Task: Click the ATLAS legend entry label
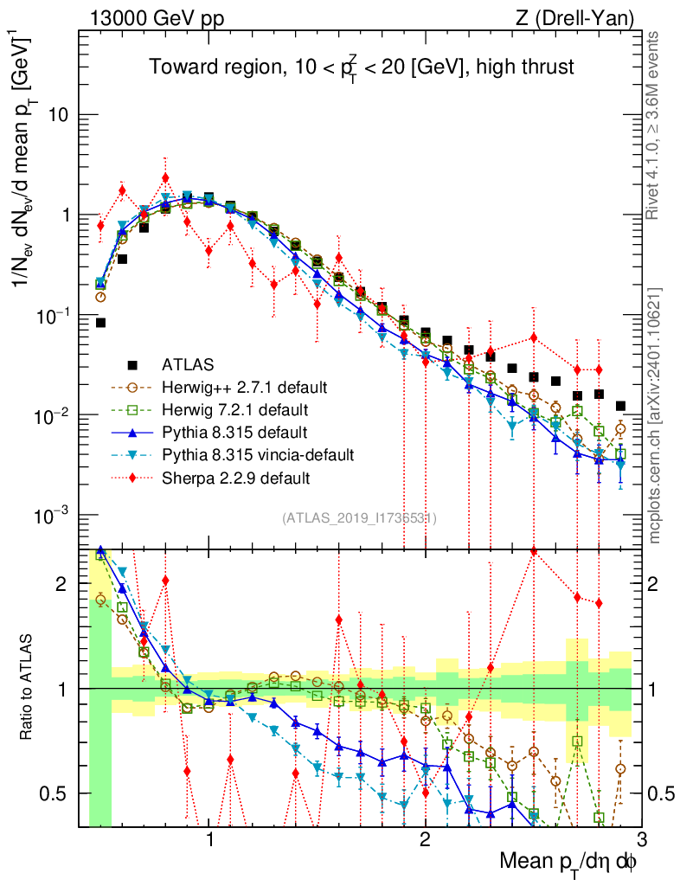(x=188, y=363)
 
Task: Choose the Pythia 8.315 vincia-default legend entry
(x=258, y=453)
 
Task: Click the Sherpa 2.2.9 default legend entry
(x=235, y=477)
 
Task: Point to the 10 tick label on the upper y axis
(x=59, y=115)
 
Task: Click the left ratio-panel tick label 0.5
(x=56, y=793)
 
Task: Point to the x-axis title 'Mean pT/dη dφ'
(x=569, y=863)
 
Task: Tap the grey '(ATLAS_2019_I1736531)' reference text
(x=359, y=518)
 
